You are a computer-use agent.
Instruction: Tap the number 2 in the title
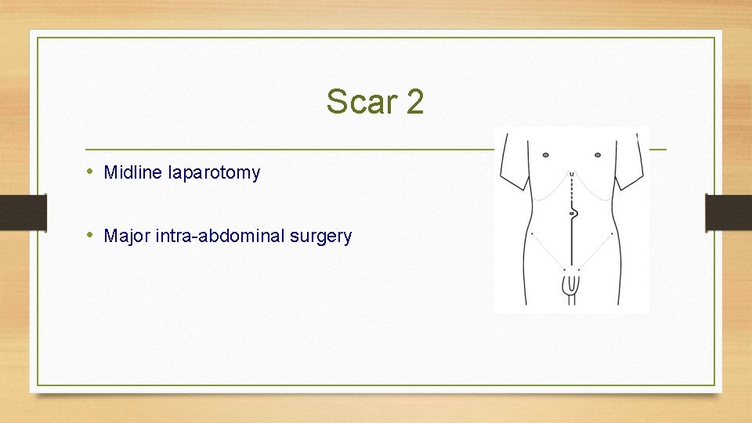pos(414,102)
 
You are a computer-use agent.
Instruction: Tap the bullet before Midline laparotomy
pos(91,172)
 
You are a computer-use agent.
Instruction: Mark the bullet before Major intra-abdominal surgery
pos(91,235)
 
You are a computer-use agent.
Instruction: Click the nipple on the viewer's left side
pos(546,154)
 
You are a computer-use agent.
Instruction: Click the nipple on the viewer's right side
pos(598,154)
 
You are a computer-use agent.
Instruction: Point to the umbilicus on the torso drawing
pos(573,212)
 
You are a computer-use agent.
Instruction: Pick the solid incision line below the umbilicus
pos(572,243)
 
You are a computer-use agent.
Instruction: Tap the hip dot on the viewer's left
pos(533,233)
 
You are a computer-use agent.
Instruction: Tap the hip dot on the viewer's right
pos(611,233)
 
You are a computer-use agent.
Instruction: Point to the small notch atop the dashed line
pos(572,173)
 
